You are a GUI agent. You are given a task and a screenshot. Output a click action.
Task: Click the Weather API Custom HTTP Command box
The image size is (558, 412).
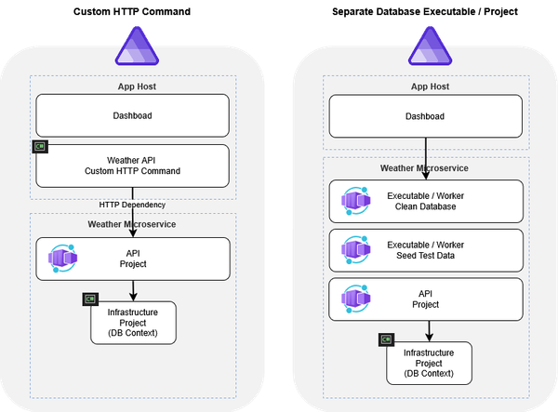pos(131,166)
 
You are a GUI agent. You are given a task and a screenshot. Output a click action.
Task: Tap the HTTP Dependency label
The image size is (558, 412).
pos(131,204)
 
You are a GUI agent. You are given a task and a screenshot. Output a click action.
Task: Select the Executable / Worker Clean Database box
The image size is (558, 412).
pos(427,202)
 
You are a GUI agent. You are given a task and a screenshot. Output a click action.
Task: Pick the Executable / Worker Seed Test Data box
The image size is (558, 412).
pos(427,248)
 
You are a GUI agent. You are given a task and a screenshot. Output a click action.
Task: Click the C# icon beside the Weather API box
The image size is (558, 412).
pos(39,147)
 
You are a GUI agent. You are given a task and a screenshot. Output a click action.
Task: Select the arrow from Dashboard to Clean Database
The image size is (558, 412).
pos(427,156)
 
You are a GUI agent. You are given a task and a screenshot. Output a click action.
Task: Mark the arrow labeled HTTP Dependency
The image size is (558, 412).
pos(131,214)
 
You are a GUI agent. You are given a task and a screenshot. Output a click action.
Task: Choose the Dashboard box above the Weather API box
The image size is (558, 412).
pos(131,116)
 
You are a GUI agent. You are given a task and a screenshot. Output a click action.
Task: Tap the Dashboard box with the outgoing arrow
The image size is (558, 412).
pos(427,116)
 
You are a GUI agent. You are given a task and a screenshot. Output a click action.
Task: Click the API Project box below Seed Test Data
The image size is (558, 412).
pos(427,298)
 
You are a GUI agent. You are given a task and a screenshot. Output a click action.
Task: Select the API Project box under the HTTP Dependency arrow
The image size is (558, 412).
pos(131,259)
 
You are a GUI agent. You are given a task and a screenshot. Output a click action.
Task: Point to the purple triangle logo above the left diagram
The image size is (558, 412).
pos(136,44)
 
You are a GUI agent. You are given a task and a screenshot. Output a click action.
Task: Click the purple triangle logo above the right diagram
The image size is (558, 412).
pos(428,44)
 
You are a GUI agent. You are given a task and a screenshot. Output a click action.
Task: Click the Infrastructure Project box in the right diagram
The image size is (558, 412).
pos(429,364)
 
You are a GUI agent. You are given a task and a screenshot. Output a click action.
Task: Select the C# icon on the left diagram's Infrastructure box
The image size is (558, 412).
pos(89,299)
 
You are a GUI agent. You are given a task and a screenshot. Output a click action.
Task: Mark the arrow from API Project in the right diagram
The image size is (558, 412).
pos(429,330)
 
